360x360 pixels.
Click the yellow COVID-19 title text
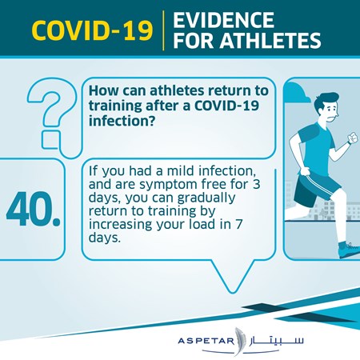point(92,30)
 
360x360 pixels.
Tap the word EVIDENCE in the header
point(223,20)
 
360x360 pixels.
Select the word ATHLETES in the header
point(270,41)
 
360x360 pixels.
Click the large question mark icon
point(51,114)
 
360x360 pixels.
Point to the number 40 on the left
point(34,209)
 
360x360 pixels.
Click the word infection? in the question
point(122,121)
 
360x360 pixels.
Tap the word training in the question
point(115,106)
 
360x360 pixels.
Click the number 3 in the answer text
point(256,184)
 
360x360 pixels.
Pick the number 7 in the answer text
point(238,224)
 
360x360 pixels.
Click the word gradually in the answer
point(206,198)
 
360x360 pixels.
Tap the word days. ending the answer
point(105,237)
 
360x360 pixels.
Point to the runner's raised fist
point(353,138)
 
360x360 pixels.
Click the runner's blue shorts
point(315,187)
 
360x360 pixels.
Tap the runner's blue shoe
point(350,250)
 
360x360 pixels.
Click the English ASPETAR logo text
point(206,341)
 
